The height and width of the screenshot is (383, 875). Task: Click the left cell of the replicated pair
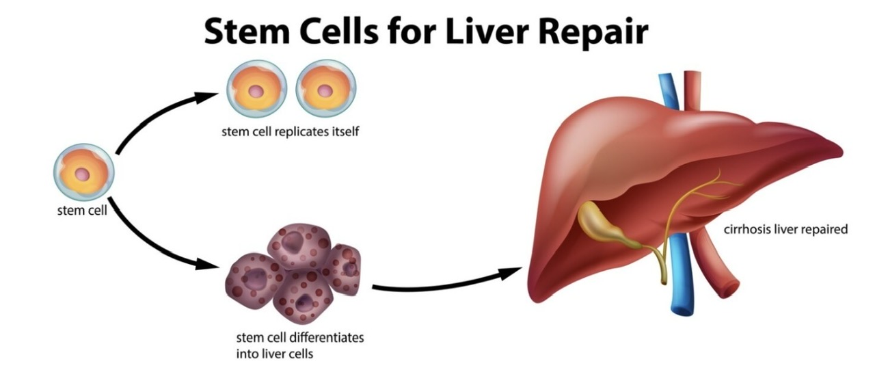[x=256, y=90]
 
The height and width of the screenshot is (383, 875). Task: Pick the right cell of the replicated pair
[x=326, y=90]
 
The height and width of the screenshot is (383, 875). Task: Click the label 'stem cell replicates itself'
[x=290, y=131]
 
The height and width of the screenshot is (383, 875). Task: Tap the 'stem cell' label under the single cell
[x=82, y=210]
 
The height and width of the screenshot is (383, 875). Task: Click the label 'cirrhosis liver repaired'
[x=785, y=230]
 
